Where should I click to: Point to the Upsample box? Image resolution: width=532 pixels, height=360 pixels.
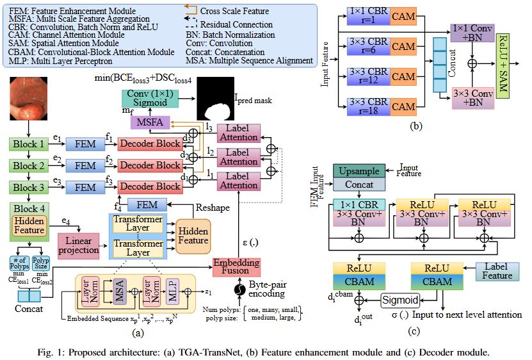tap(359, 171)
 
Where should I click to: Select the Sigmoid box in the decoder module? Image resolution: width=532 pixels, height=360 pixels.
tap(401, 300)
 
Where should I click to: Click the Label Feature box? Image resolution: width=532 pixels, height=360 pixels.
tap(497, 272)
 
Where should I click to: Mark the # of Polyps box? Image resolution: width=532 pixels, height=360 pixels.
tap(19, 264)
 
